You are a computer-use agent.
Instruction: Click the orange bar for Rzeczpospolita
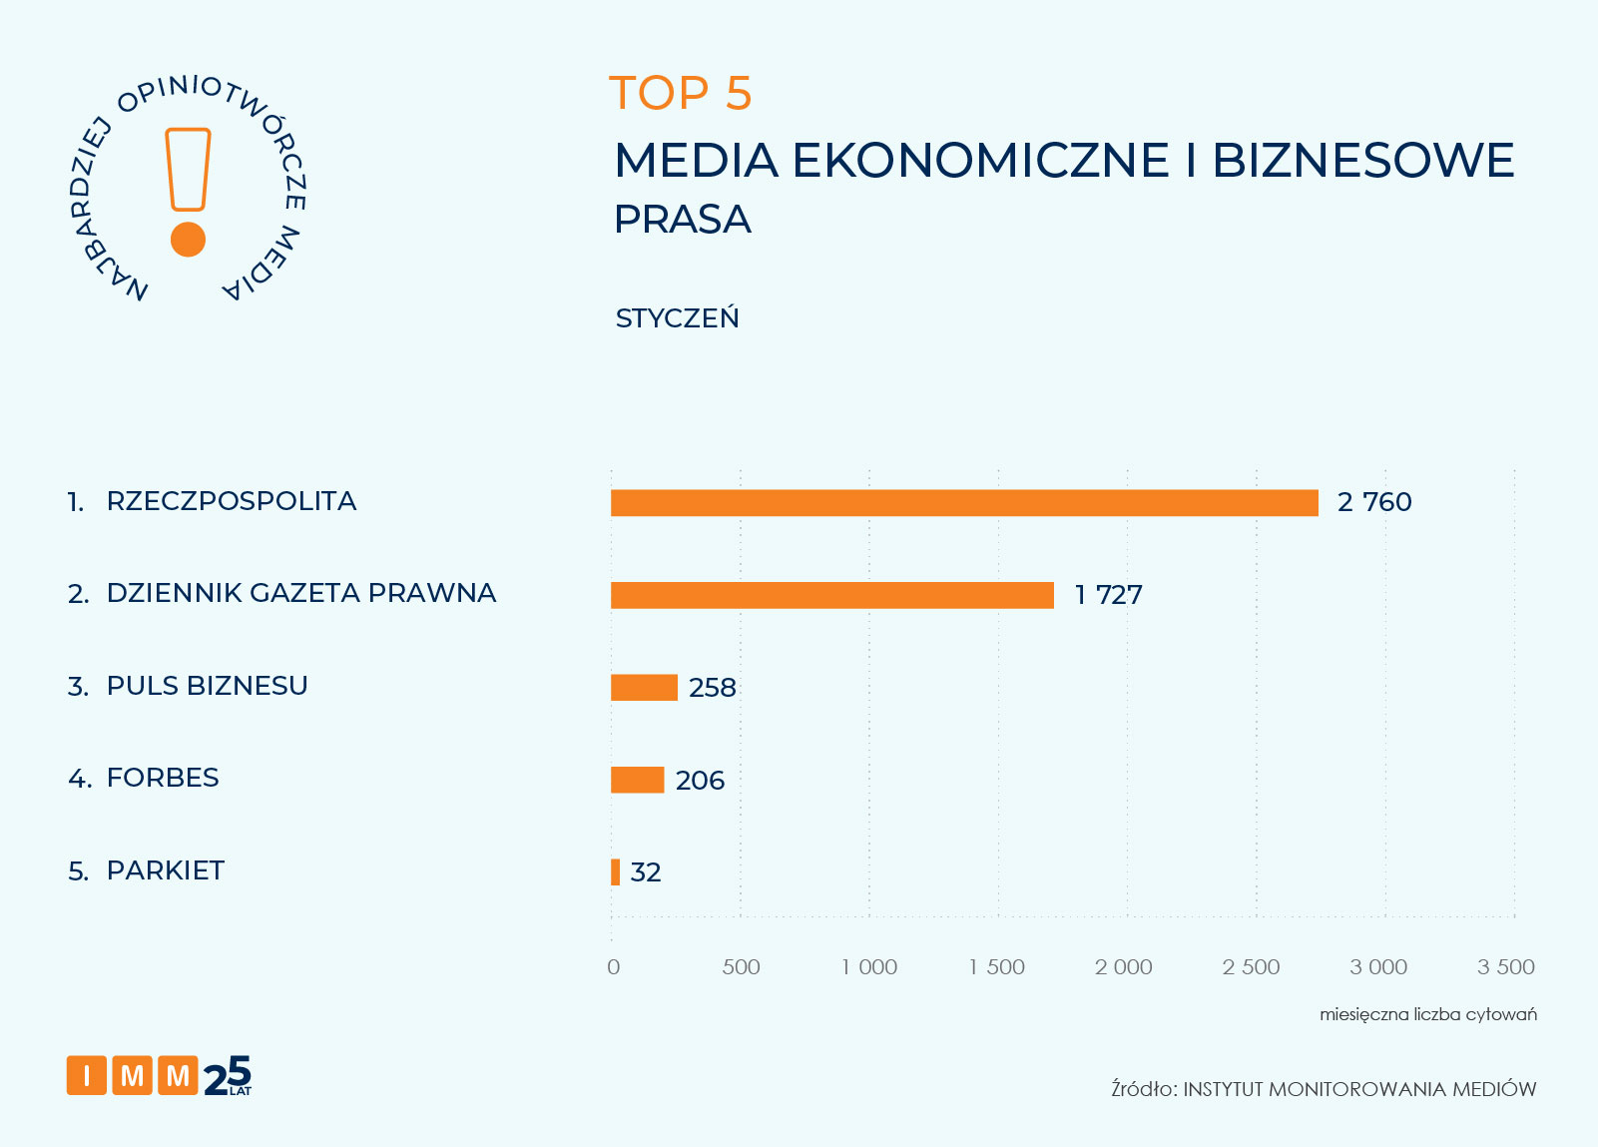click(x=964, y=503)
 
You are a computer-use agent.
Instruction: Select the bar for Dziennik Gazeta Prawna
click(x=831, y=595)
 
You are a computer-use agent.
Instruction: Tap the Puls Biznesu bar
click(x=644, y=688)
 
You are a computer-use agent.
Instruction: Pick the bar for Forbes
click(x=637, y=780)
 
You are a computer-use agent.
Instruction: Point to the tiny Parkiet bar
click(x=615, y=872)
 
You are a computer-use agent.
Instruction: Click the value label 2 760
click(x=1374, y=502)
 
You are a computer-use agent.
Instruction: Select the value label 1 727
click(x=1108, y=595)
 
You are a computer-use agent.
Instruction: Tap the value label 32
click(x=646, y=872)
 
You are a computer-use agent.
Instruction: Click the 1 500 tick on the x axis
click(x=997, y=966)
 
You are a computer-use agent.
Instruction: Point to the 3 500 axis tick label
click(x=1506, y=966)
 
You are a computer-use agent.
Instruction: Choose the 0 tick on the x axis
click(x=613, y=966)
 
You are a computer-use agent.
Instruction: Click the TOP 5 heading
click(x=680, y=94)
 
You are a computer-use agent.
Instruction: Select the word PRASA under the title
click(x=682, y=220)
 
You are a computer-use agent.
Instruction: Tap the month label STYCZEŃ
click(x=677, y=318)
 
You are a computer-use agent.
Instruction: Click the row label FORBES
click(x=163, y=778)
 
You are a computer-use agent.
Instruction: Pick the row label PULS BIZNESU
click(x=207, y=686)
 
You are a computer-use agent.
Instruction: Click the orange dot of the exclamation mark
click(x=188, y=240)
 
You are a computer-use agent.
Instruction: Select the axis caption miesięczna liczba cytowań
click(x=1427, y=1014)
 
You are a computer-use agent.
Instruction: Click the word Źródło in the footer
click(x=1143, y=1089)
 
